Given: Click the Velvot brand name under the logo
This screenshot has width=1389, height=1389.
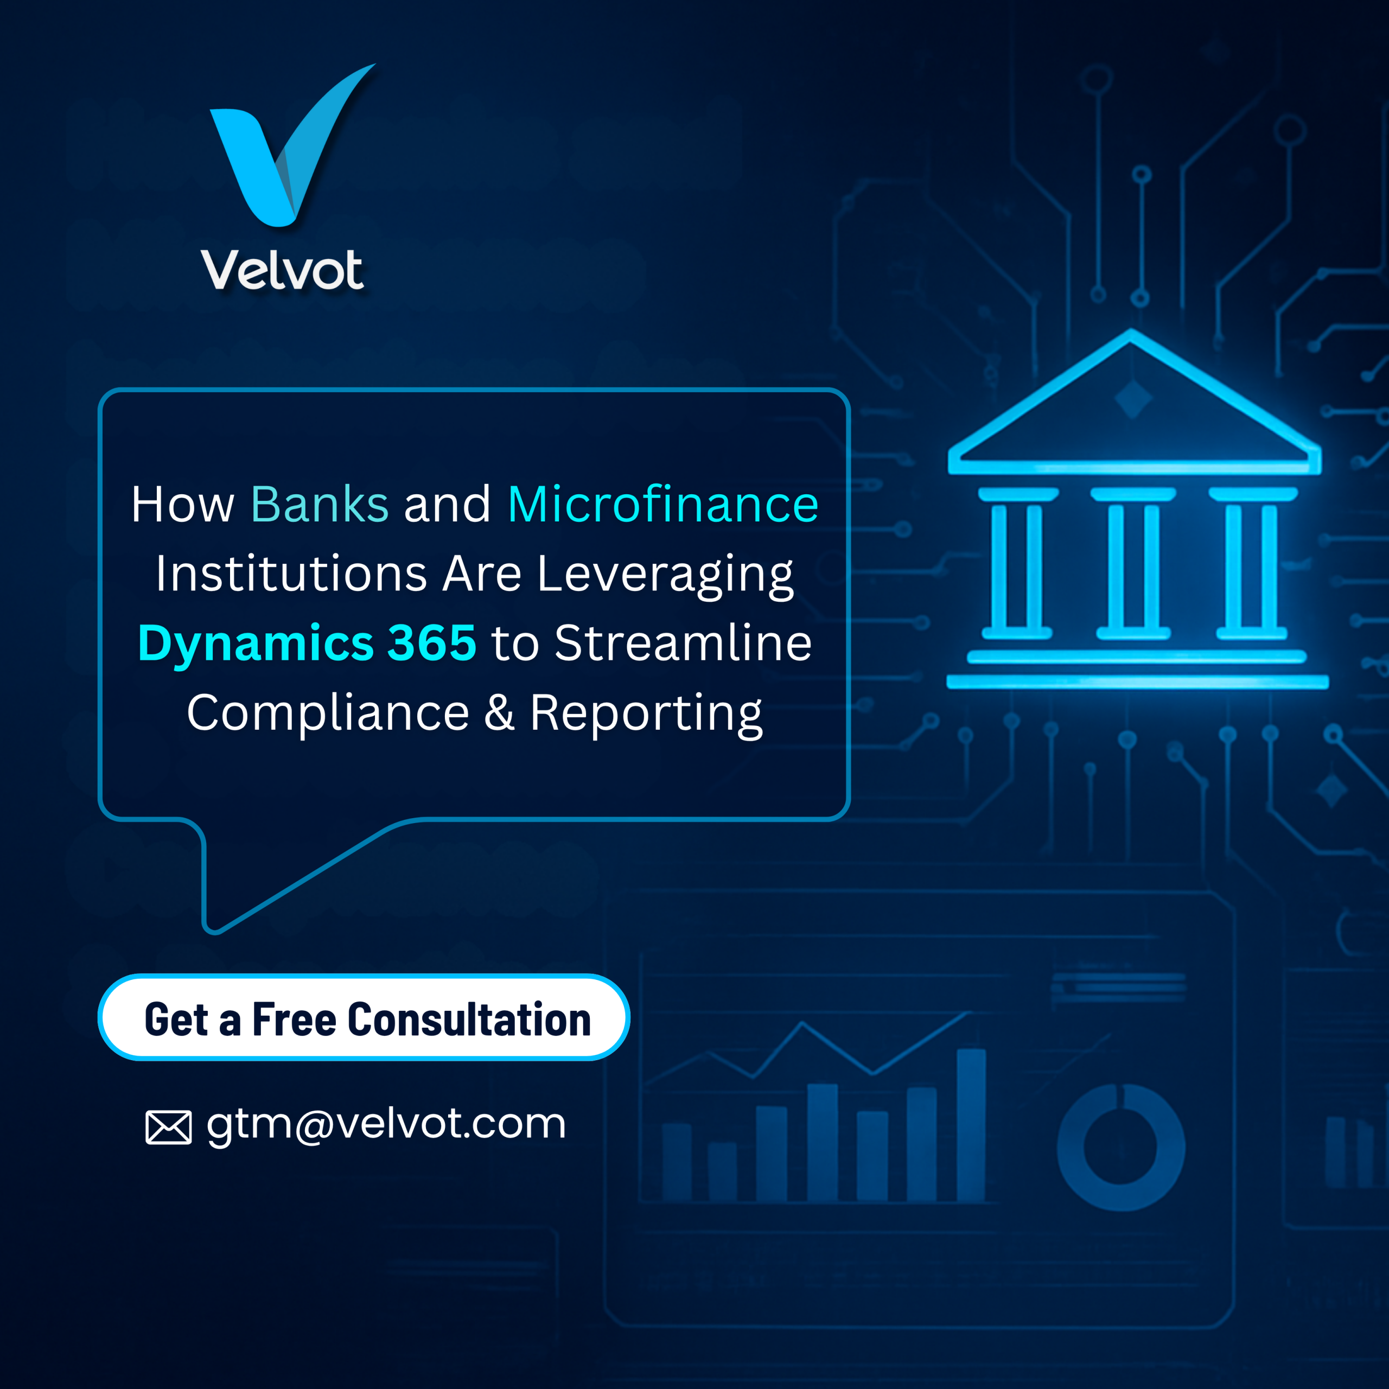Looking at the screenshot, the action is click(x=283, y=270).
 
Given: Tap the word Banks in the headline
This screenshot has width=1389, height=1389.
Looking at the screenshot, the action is click(x=320, y=504).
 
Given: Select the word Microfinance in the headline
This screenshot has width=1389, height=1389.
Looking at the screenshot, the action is click(x=663, y=504).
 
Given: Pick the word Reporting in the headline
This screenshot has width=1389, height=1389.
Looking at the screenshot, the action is click(x=646, y=715).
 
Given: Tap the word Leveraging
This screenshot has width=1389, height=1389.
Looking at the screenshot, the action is click(x=665, y=575).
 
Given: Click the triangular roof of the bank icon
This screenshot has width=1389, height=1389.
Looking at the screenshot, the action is click(x=1135, y=403).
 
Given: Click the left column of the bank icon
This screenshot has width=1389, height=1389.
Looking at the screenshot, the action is click(x=1017, y=564).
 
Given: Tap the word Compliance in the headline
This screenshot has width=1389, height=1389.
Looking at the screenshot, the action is click(x=328, y=714).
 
